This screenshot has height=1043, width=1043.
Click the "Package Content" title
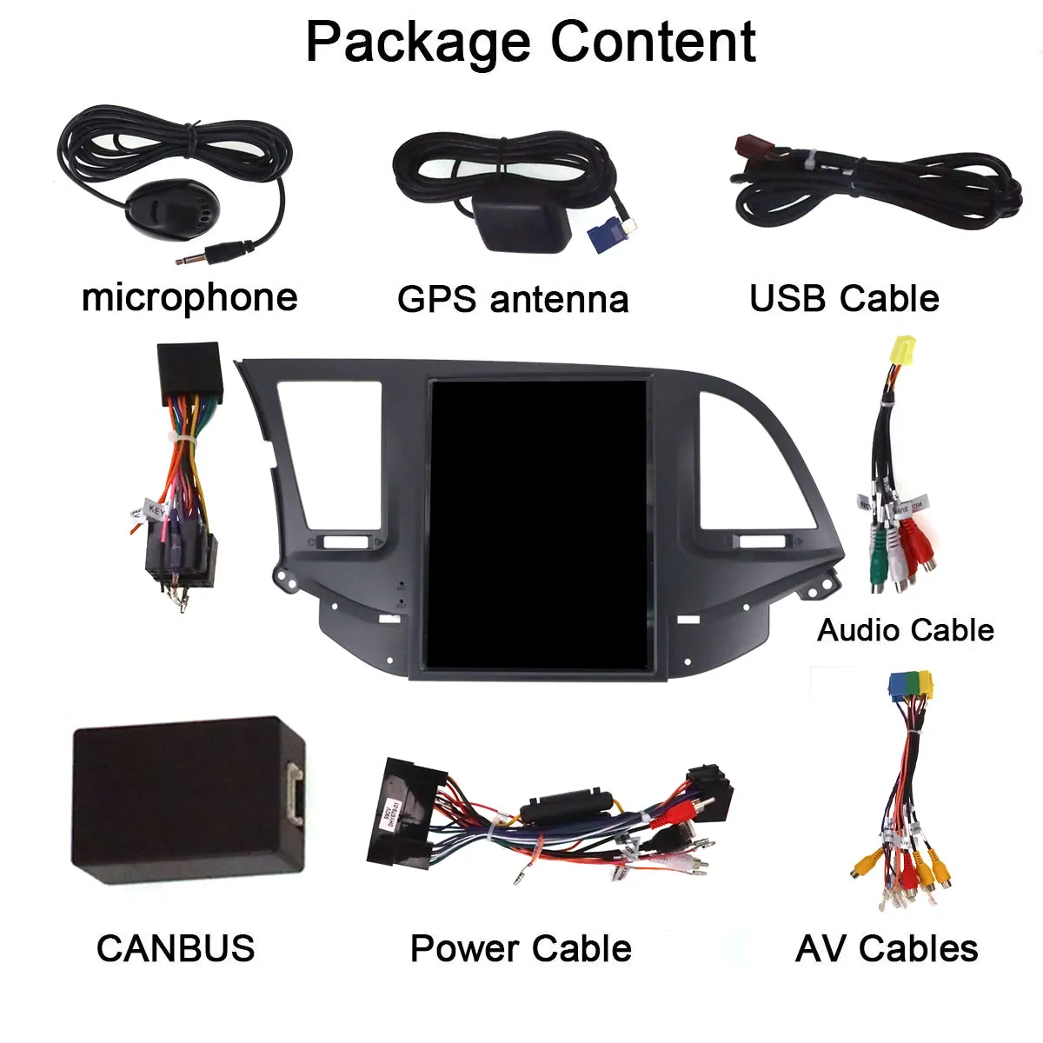pyautogui.click(x=530, y=42)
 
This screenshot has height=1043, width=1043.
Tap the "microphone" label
pyautogui.click(x=189, y=297)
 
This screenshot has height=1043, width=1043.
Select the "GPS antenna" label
pyautogui.click(x=513, y=299)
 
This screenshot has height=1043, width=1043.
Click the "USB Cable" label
pyautogui.click(x=844, y=298)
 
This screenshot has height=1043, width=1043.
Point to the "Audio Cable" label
pyautogui.click(x=906, y=629)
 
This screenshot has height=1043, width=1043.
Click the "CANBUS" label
pyautogui.click(x=176, y=948)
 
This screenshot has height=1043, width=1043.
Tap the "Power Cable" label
pyautogui.click(x=521, y=948)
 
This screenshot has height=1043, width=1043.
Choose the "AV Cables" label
pyautogui.click(x=887, y=948)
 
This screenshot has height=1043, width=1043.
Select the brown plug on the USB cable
pyautogui.click(x=749, y=150)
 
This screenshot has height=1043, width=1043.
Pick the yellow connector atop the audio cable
pyautogui.click(x=900, y=350)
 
